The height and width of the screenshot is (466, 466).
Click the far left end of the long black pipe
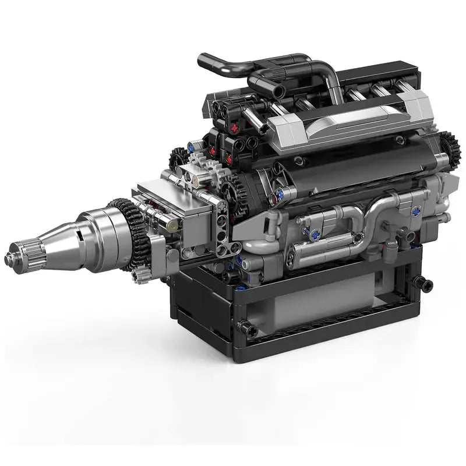point(202,59)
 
